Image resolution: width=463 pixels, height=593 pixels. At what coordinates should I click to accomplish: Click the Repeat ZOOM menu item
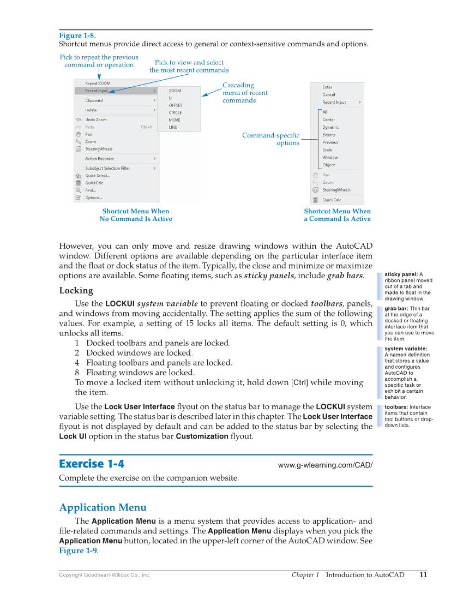coord(98,83)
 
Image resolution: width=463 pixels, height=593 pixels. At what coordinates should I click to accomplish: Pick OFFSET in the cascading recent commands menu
coord(176,105)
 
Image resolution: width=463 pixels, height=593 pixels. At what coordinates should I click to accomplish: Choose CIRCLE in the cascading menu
coord(175,113)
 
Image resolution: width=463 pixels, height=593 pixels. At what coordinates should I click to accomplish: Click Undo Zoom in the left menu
coord(96,119)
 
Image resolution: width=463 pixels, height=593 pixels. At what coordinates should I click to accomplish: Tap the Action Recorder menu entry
coord(99,159)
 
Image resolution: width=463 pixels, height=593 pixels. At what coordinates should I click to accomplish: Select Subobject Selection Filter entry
coord(107,168)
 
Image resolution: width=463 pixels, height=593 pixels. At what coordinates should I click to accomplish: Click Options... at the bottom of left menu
coord(93,197)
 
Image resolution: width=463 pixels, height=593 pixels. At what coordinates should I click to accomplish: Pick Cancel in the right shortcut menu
coord(329,94)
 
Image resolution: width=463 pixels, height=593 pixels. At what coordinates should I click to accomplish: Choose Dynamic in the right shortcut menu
coord(330,127)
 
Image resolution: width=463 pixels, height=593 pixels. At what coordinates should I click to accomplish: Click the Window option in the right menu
coord(330,157)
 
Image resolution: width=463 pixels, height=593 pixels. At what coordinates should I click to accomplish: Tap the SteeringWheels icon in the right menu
coord(315,190)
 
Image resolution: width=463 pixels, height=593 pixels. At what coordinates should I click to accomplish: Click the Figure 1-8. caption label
coord(77,35)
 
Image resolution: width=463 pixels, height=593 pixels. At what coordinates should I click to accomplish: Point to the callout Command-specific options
coord(271,139)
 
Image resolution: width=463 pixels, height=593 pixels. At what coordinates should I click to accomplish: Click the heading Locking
coord(76,290)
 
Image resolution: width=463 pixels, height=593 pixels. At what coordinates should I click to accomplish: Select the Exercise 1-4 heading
coord(92,464)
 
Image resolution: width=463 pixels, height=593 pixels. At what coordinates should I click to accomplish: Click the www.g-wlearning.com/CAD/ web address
coord(325,465)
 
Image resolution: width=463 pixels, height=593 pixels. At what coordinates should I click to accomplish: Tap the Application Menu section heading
coord(103,507)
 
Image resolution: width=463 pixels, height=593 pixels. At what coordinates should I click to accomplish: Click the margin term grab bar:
coord(396,309)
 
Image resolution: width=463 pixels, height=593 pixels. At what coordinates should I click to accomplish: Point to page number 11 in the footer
coord(423,574)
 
